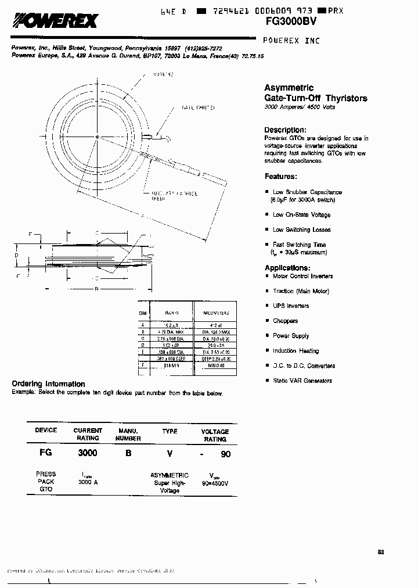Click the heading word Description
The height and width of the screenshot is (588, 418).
click(x=284, y=130)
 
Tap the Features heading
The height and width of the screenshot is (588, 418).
click(x=281, y=176)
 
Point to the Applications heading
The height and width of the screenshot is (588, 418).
click(x=287, y=267)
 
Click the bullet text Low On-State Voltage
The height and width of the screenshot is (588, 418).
click(x=301, y=214)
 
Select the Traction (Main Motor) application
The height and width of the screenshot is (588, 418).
click(x=301, y=291)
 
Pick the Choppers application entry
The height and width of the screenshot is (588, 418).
click(x=285, y=321)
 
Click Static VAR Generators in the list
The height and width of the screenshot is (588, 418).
click(x=302, y=381)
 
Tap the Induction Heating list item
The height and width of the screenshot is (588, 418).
click(x=296, y=351)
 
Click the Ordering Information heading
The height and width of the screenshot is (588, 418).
click(x=48, y=384)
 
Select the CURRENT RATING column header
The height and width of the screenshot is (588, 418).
click(x=88, y=434)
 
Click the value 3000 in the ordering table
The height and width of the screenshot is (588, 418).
click(x=88, y=453)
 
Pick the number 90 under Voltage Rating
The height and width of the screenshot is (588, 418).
click(x=225, y=454)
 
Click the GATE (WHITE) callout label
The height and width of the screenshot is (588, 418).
click(x=197, y=108)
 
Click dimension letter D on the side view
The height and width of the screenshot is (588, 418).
click(x=17, y=255)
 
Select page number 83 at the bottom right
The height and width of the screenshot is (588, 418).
click(x=380, y=551)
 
